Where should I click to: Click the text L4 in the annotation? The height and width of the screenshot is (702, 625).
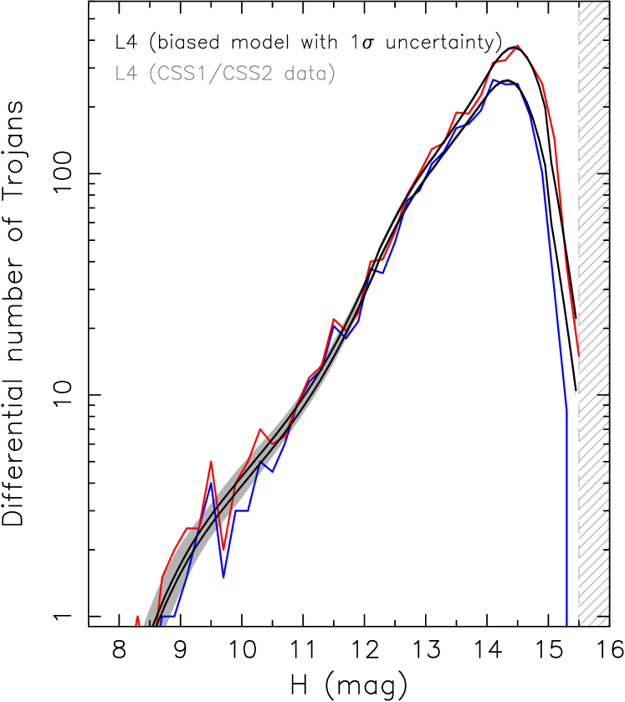(x=125, y=74)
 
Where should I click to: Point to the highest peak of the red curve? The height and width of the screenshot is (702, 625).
(x=518, y=46)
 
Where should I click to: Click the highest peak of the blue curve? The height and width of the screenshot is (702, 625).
(x=493, y=79)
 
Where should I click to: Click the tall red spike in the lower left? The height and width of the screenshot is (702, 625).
(x=211, y=461)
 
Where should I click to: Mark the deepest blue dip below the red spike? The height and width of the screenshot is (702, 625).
(x=223, y=576)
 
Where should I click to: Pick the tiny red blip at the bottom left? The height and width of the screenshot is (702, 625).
(x=136, y=618)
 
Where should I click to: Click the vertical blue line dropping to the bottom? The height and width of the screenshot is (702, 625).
(x=567, y=519)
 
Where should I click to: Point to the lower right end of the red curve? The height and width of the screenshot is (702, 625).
(x=578, y=356)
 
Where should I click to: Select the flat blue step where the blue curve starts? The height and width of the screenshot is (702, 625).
(x=168, y=616)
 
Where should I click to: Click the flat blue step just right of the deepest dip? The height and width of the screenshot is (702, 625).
(x=242, y=510)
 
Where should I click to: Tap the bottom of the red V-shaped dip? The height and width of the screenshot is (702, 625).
(x=223, y=550)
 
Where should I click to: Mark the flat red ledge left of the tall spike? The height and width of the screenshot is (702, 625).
(x=192, y=528)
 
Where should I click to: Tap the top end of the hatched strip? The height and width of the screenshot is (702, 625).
(x=593, y=5)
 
